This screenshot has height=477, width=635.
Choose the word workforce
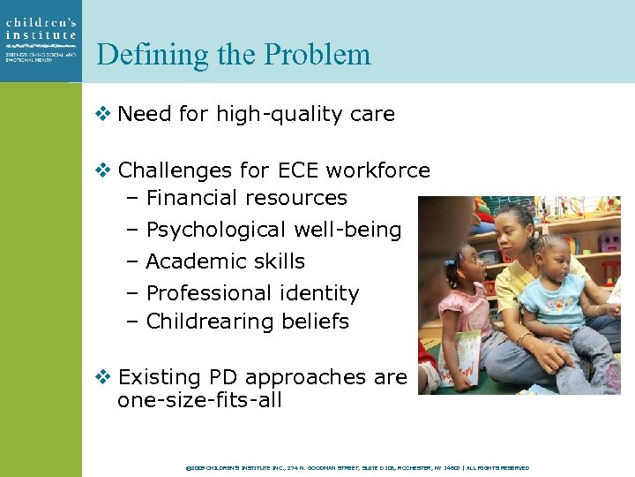pyautogui.click(x=383, y=170)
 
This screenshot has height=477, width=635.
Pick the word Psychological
pyautogui.click(x=216, y=230)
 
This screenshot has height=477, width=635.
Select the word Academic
pyautogui.click(x=189, y=261)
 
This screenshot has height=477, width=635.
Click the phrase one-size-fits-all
pyautogui.click(x=199, y=401)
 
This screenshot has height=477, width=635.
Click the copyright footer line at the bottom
pyautogui.click(x=358, y=467)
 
